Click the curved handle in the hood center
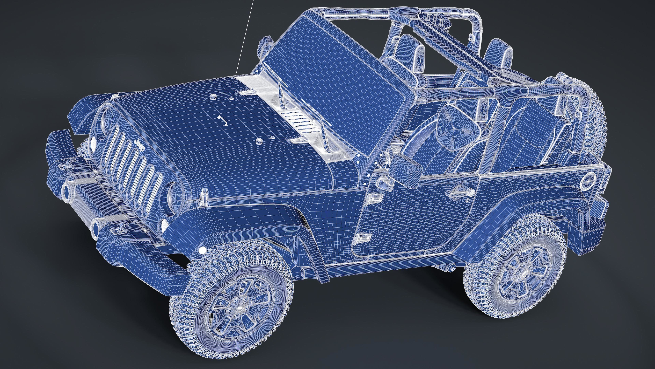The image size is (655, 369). pyautogui.click(x=223, y=120)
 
